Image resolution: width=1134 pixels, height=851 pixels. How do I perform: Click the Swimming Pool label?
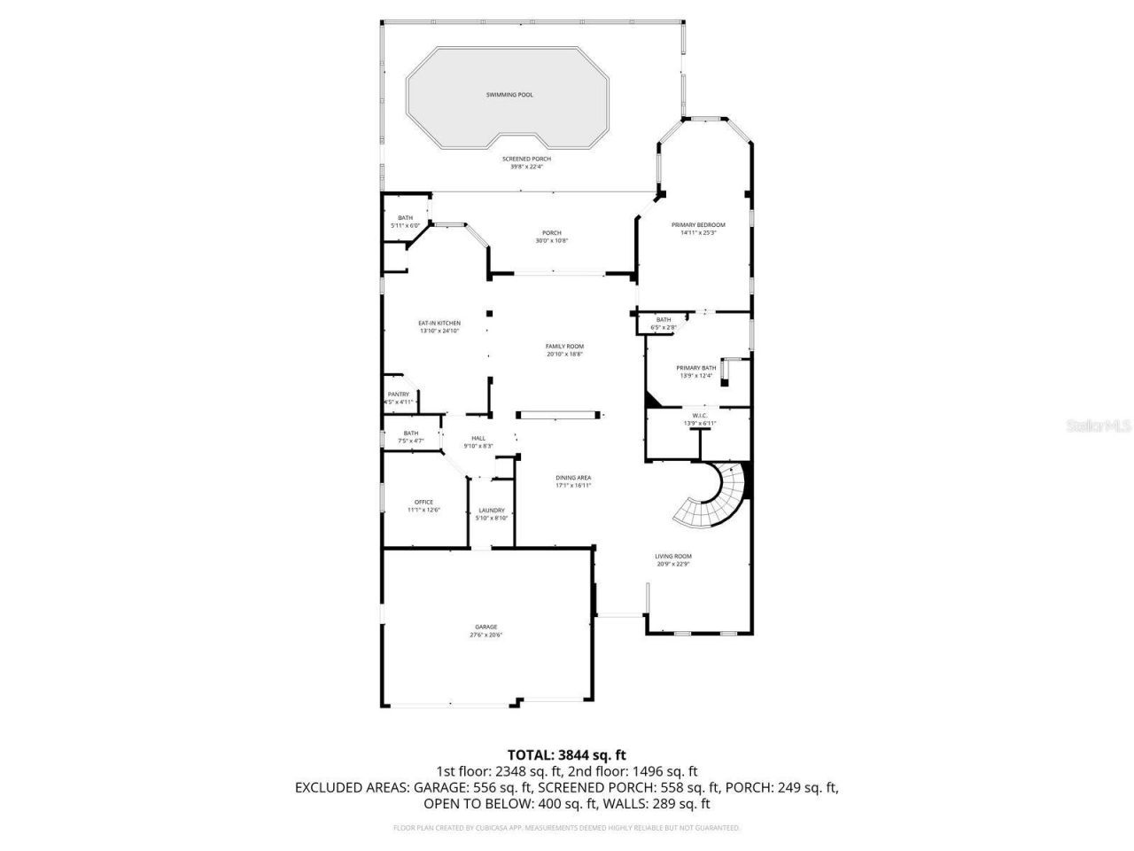[x=509, y=95]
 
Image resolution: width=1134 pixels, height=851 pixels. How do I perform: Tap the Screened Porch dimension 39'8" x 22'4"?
[x=526, y=167]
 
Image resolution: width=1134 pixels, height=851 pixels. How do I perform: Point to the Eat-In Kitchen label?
[x=439, y=323]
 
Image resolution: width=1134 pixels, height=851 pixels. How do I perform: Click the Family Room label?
[x=564, y=347]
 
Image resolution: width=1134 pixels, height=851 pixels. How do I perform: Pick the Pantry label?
[x=399, y=394]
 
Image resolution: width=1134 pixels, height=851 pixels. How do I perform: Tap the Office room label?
[x=423, y=503]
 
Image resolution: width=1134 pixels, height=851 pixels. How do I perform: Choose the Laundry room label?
[x=492, y=510]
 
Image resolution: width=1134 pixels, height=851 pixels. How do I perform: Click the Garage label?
[x=485, y=627]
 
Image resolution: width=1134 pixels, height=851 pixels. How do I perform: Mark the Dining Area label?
[x=573, y=478]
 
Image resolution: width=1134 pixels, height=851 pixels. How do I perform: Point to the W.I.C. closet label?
[x=698, y=416]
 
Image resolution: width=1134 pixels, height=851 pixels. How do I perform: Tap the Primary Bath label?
[x=696, y=368]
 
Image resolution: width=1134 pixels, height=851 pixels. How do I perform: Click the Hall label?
[x=478, y=438]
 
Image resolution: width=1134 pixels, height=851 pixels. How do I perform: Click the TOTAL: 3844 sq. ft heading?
[x=566, y=754]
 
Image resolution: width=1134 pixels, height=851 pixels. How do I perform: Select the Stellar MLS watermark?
[x=1099, y=426]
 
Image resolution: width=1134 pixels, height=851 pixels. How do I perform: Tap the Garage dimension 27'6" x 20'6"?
[x=485, y=635]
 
